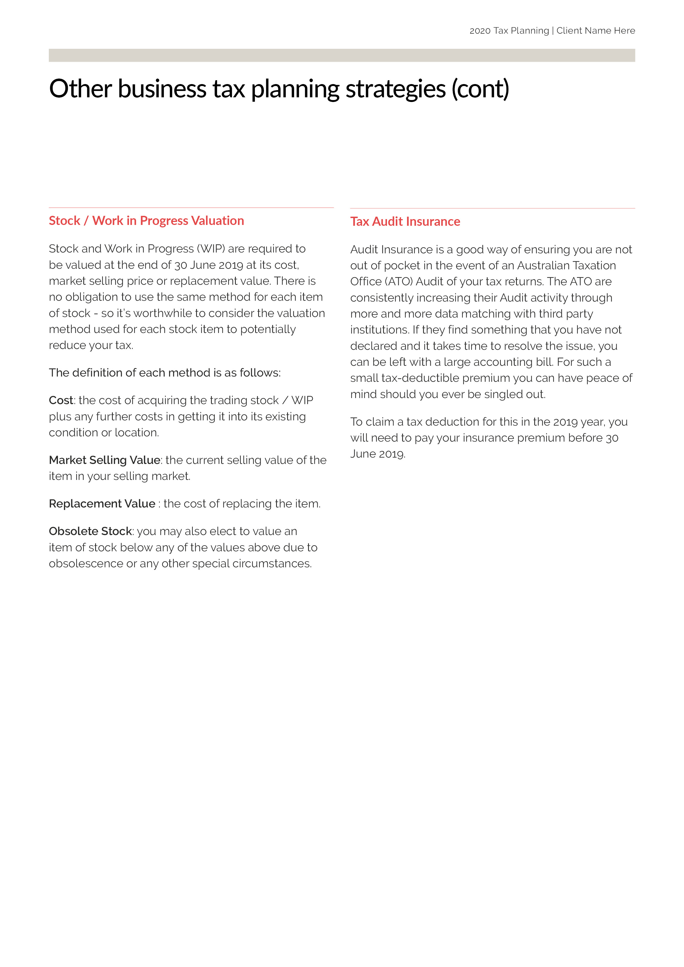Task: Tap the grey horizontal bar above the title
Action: pos(341,55)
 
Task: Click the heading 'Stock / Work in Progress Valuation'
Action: pos(146,221)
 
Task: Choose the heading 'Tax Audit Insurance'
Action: pos(405,222)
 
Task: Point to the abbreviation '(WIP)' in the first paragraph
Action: pos(210,249)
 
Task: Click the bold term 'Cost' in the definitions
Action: pos(61,400)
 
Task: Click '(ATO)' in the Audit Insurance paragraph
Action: pos(399,282)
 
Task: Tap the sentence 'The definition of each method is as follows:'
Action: pos(165,373)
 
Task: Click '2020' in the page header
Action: pos(480,31)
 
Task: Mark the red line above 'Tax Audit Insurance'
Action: pos(492,208)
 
